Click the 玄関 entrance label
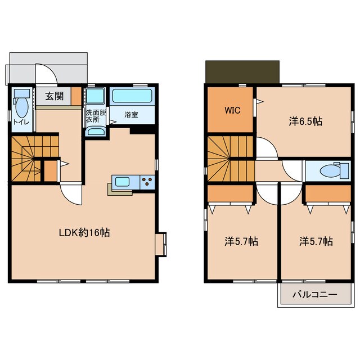54,96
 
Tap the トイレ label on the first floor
21,122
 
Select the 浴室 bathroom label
131,115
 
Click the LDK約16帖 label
84,233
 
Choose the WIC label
232,110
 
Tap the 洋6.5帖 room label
305,121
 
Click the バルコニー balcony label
315,294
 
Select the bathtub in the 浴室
132,96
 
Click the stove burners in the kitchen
147,182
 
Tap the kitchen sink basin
123,182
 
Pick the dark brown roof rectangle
242,72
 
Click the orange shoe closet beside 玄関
76,96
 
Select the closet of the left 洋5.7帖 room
230,193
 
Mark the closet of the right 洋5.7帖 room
328,193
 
